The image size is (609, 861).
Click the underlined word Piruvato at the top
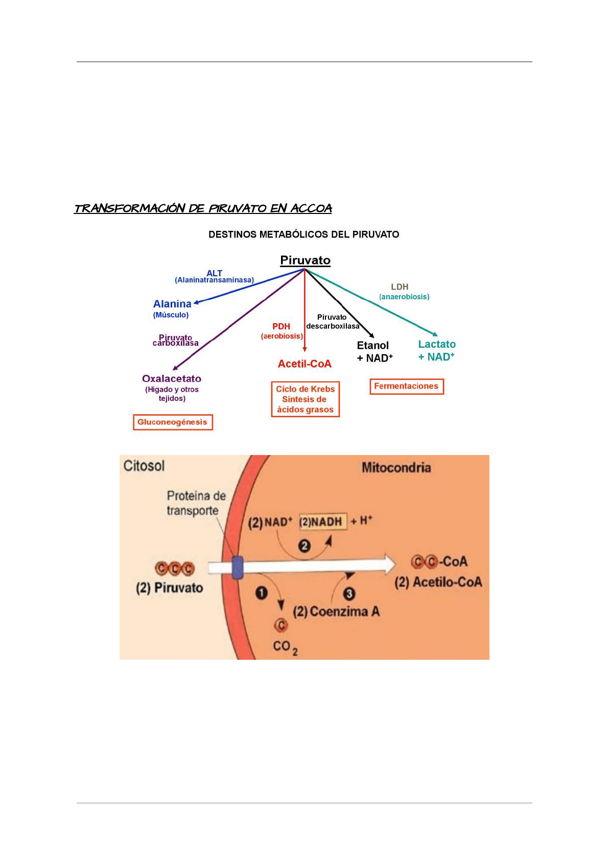(x=305, y=260)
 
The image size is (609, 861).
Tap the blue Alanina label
(x=172, y=304)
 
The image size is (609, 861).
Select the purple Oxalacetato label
(x=172, y=378)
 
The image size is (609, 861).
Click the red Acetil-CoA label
(x=305, y=364)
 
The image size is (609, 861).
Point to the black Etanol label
(x=373, y=346)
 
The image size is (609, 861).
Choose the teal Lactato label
(x=437, y=344)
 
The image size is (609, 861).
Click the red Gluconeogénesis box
(x=173, y=422)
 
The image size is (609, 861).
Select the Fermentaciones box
(x=406, y=386)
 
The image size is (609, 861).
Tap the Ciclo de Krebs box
(x=305, y=399)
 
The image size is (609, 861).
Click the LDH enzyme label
(x=400, y=287)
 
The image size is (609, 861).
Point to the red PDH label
(x=281, y=326)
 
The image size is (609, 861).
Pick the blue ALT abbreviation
(x=215, y=273)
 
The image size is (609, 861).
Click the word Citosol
(x=144, y=466)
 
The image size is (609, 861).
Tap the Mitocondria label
(x=396, y=467)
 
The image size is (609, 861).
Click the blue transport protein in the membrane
(x=237, y=567)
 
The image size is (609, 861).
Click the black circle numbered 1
(x=262, y=593)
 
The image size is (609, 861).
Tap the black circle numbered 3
(x=349, y=593)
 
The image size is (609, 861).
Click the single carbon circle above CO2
(x=281, y=625)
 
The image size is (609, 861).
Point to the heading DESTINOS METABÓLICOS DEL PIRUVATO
(x=303, y=234)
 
